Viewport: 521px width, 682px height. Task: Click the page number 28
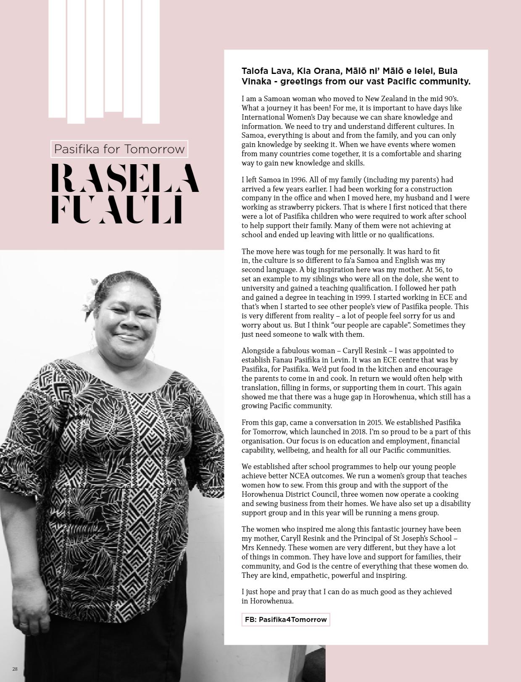click(x=15, y=669)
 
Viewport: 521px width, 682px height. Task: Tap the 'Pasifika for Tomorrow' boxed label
click(x=119, y=149)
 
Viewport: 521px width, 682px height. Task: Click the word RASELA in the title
click(x=124, y=178)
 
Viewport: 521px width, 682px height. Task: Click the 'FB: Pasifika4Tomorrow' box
click(x=286, y=619)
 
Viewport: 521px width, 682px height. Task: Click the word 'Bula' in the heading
click(x=448, y=71)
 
